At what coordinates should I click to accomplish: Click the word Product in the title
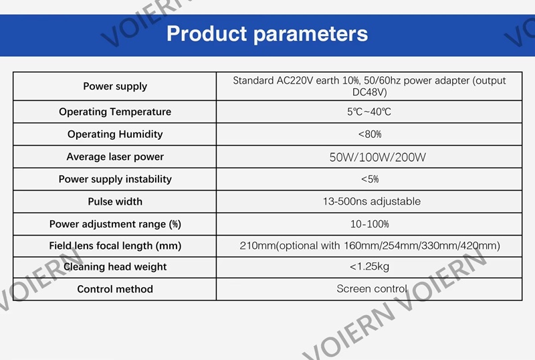pos(207,33)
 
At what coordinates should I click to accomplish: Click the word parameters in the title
pos(310,35)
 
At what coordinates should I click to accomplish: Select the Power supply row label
pos(115,86)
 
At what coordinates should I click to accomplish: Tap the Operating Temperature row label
pos(115,112)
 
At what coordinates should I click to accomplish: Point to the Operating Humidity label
pos(115,134)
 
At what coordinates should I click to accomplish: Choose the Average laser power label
pos(115,157)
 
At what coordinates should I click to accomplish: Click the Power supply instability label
pos(115,179)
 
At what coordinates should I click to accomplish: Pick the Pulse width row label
pos(115,201)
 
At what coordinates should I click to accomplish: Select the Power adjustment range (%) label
pos(115,224)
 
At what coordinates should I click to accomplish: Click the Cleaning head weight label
pos(115,267)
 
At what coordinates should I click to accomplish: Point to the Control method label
pos(115,289)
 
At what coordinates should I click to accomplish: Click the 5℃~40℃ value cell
pos(369,112)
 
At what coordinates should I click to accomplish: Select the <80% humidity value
pos(370,134)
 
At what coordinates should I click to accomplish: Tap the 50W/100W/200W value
pos(377,157)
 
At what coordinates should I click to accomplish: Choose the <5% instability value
pos(370,179)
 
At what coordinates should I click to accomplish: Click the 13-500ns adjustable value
pos(372,201)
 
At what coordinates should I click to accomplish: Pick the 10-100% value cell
pos(370,224)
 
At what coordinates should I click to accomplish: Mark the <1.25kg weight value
pos(369,266)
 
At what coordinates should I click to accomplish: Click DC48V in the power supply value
pos(370,92)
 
